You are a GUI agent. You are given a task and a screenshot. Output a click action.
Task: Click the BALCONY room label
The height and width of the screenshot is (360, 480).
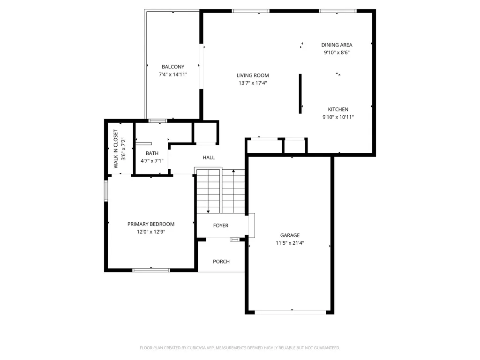[173, 67]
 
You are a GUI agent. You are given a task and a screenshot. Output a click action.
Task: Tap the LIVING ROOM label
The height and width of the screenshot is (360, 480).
[253, 75]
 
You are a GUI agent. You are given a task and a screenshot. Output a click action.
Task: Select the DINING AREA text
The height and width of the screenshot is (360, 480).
[337, 45]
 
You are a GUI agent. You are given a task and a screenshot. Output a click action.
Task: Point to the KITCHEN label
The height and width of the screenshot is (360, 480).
[338, 109]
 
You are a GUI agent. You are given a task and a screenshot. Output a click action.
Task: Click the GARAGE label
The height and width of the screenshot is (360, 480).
[290, 235]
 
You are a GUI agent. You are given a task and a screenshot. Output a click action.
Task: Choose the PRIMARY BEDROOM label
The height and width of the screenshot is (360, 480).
[151, 224]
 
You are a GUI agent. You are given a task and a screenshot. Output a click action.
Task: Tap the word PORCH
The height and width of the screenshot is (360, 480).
[221, 262]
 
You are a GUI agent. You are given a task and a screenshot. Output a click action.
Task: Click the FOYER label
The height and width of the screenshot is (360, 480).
[221, 225]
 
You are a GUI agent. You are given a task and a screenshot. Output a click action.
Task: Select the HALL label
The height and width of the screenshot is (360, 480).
[209, 157]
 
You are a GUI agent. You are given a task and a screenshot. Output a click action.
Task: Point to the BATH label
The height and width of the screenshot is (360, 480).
[152, 153]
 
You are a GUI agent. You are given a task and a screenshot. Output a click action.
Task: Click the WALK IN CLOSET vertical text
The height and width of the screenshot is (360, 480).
[116, 149]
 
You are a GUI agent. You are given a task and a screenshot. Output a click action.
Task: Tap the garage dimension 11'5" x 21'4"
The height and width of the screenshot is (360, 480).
[290, 243]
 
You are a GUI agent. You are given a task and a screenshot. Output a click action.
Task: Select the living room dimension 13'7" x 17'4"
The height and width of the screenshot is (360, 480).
[253, 83]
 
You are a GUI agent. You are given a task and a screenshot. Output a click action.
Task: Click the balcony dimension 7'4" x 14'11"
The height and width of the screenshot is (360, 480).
[173, 75]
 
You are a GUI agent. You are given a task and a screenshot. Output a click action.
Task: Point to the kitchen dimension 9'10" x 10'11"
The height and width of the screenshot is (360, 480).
[338, 117]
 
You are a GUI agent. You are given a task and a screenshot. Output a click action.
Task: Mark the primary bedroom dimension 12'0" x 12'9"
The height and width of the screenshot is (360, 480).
[151, 232]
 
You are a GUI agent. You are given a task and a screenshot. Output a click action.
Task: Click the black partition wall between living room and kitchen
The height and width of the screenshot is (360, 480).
[300, 94]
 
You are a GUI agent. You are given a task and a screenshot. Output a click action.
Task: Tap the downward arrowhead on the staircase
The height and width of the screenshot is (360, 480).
[208, 211]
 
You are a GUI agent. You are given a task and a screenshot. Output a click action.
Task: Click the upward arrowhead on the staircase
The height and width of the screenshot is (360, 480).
[233, 171]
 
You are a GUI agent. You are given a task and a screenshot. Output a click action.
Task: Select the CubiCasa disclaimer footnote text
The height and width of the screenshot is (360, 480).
[240, 348]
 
